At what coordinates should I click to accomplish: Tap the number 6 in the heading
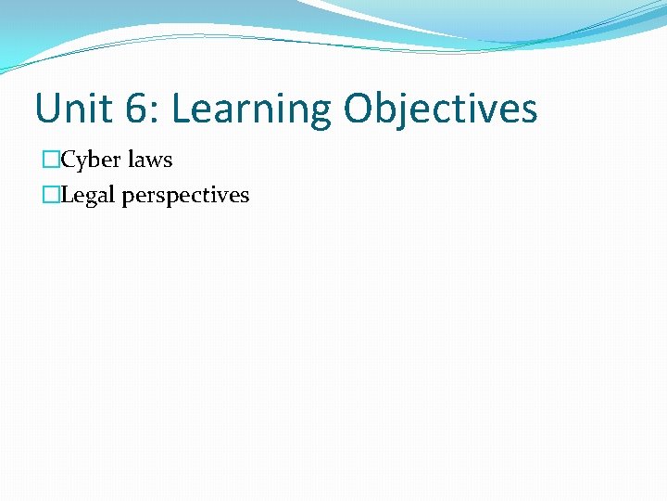[x=135, y=109]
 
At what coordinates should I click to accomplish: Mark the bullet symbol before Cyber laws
[x=51, y=161]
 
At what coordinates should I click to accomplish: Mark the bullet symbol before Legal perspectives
[x=51, y=196]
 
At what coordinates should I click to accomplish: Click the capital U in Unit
[x=46, y=109]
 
